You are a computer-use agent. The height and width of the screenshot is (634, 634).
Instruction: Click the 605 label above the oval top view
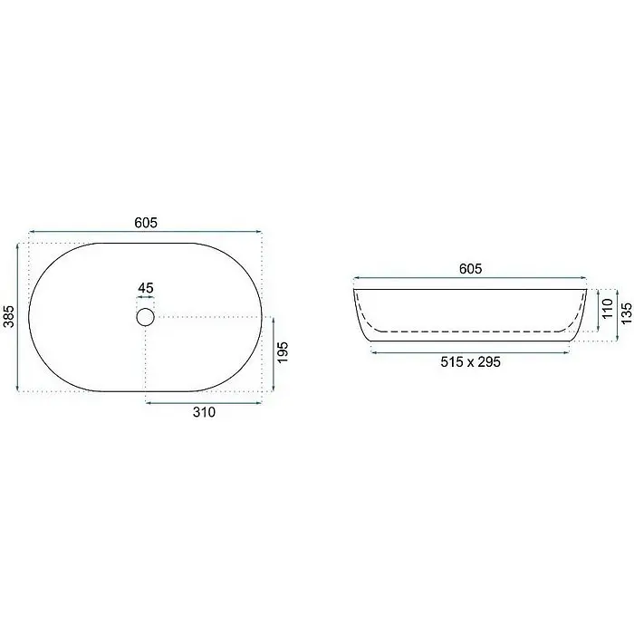(x=146, y=223)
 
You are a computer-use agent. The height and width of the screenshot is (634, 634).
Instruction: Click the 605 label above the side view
(x=471, y=269)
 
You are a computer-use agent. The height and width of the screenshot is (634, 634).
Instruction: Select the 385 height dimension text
(x=9, y=316)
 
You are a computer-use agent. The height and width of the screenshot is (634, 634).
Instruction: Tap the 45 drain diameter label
(x=146, y=288)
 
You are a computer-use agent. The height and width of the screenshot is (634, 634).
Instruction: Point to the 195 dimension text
(x=283, y=352)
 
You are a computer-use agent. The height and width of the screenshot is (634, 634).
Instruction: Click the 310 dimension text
(x=204, y=412)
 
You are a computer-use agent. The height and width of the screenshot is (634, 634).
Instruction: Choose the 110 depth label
(x=608, y=309)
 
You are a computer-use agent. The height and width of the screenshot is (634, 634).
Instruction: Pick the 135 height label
(x=626, y=313)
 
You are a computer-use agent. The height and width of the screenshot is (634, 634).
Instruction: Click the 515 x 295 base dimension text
(x=471, y=362)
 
